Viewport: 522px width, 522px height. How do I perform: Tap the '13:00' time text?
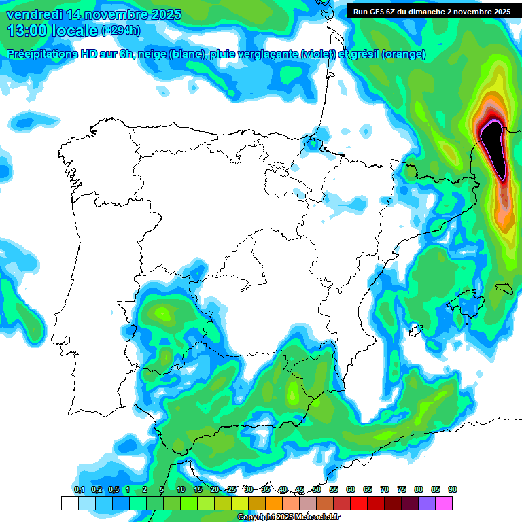25,30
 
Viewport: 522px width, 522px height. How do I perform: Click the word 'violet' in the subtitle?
317,54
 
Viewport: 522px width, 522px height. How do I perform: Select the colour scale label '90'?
453,489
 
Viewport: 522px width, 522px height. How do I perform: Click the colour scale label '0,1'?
79,489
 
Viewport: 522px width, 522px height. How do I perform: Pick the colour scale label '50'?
317,489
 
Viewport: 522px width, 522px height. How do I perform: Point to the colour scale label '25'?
232,489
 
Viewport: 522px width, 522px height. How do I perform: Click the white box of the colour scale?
69,503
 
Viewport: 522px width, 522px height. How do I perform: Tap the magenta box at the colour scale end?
445,503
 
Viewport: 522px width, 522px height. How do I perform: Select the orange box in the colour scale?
275,503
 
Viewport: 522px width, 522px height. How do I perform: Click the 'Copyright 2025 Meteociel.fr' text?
289,517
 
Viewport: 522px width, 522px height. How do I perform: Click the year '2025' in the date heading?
162,14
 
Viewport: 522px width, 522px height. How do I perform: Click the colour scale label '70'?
385,489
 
